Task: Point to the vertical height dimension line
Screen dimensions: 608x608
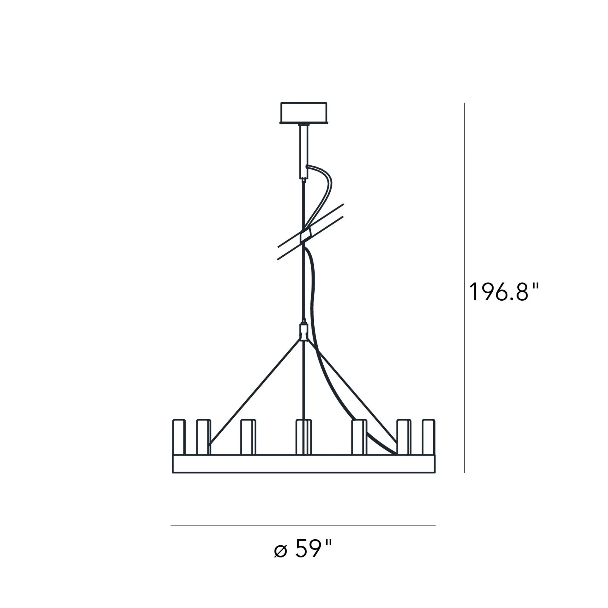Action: coord(465,288)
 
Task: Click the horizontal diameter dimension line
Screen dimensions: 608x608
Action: coord(303,526)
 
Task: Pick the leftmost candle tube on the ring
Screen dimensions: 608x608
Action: coord(179,437)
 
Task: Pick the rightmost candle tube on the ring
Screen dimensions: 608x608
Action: coord(429,437)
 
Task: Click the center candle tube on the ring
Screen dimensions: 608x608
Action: coord(304,437)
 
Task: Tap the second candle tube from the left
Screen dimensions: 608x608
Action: coord(203,437)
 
